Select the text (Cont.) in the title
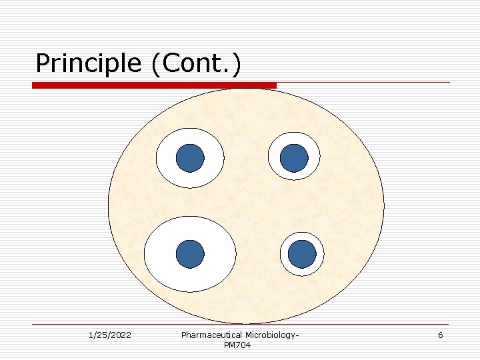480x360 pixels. (197, 64)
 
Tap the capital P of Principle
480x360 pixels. (44, 63)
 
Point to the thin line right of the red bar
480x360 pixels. (363, 83)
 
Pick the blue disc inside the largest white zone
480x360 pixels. (190, 254)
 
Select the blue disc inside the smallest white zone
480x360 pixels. (303, 254)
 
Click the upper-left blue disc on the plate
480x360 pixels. (190, 158)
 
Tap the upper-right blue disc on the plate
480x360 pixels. (294, 158)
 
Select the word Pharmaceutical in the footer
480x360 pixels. (211, 335)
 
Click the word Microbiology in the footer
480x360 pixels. (271, 335)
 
